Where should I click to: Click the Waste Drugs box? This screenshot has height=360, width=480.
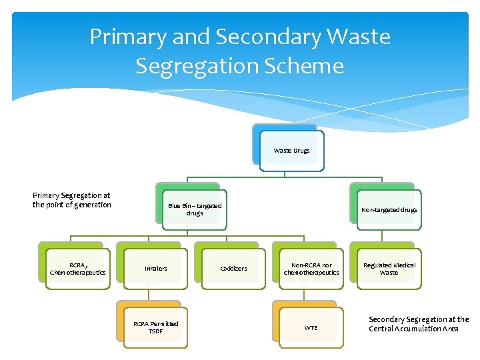(291, 151)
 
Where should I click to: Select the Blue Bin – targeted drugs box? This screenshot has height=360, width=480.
(194, 209)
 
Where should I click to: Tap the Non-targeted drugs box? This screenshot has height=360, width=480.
(389, 209)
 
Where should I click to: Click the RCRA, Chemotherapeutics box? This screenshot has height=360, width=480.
(77, 268)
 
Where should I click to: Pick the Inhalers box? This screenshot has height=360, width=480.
(155, 269)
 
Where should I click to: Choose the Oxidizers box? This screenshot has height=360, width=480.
(233, 269)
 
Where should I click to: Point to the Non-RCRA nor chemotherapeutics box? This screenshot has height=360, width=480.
(311, 269)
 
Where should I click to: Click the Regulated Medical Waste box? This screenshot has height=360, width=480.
(389, 269)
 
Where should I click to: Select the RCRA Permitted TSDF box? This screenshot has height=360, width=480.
(155, 327)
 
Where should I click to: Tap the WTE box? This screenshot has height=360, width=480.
(311, 327)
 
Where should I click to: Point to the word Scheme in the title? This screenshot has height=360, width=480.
(306, 66)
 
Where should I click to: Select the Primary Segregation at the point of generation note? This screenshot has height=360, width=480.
(72, 200)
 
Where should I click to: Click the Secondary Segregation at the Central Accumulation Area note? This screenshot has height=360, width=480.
(419, 324)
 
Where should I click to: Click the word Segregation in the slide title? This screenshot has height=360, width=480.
(196, 66)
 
